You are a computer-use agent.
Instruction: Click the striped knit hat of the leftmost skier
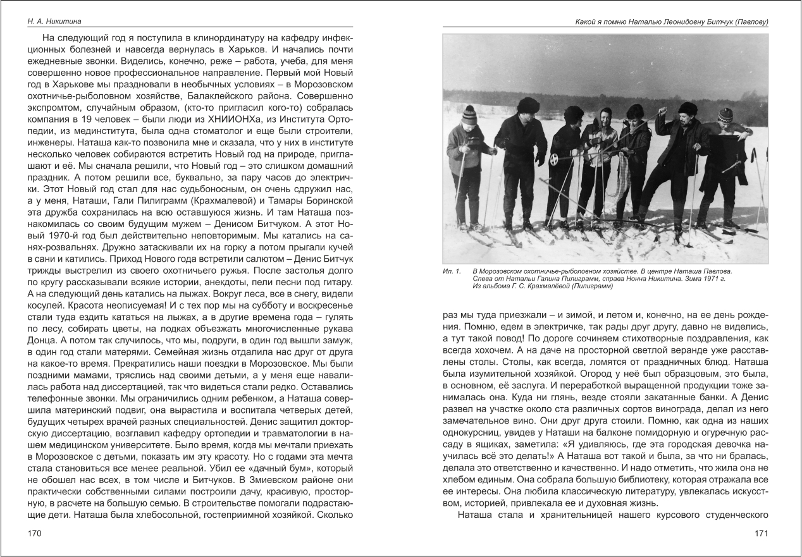click(x=469, y=114)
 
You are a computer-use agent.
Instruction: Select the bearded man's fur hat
click(x=686, y=108)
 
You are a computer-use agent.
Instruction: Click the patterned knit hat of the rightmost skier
click(x=726, y=114)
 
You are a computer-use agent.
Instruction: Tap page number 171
click(x=760, y=534)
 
